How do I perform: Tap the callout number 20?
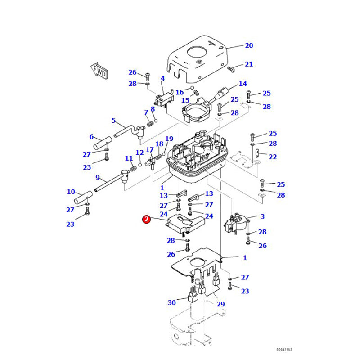(x=249, y=45)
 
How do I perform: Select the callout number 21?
(x=249, y=64)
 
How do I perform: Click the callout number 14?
(x=243, y=84)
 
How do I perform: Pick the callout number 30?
(x=171, y=302)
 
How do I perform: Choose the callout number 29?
(x=220, y=305)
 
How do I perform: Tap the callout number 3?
(x=262, y=216)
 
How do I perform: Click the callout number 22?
(x=273, y=157)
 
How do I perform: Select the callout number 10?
(x=71, y=192)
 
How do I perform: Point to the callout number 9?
(x=97, y=177)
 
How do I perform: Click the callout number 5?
(x=113, y=121)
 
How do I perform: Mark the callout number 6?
(x=91, y=137)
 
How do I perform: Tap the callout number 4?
(x=162, y=79)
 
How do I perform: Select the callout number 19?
(x=169, y=139)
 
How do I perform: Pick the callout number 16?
(x=180, y=92)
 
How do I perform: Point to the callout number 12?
(x=139, y=153)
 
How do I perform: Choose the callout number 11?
(x=129, y=158)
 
